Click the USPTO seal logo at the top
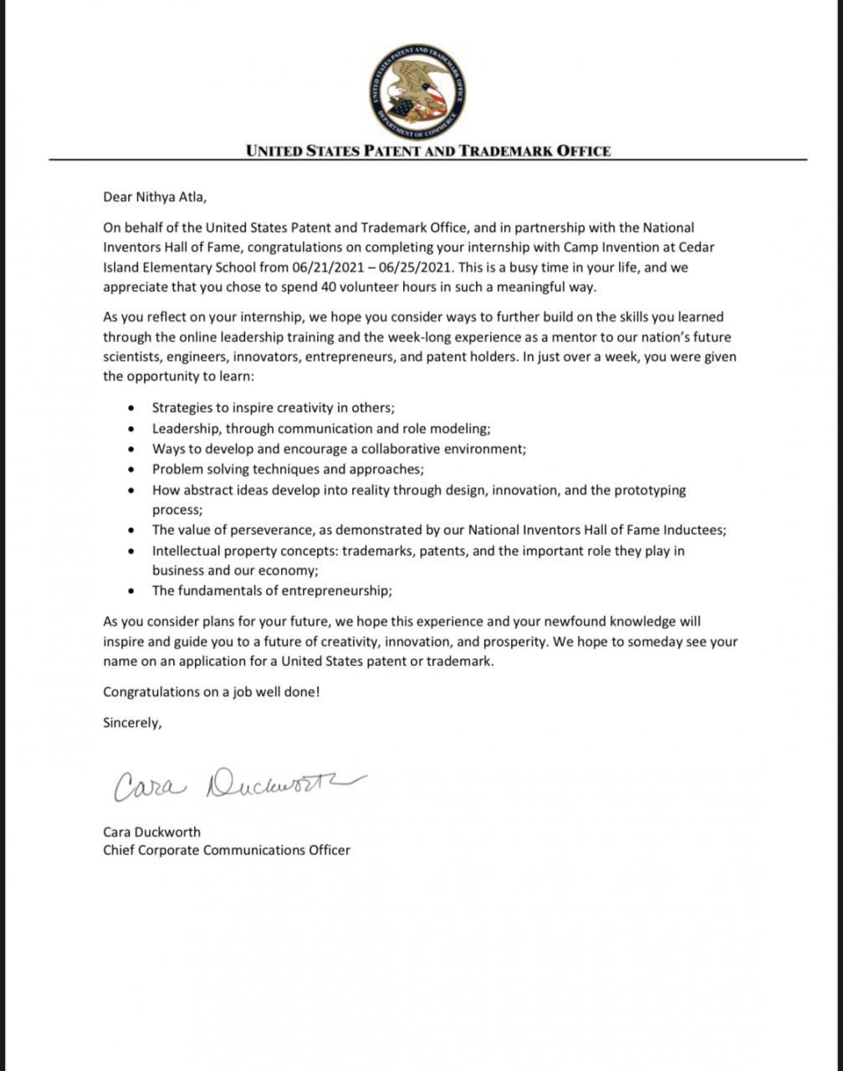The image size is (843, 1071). (x=417, y=92)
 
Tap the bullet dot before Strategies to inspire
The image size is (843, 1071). (x=131, y=408)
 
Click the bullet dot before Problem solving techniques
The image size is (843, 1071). (x=131, y=469)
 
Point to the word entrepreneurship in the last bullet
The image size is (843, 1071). (x=335, y=591)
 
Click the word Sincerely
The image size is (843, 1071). (x=131, y=723)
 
